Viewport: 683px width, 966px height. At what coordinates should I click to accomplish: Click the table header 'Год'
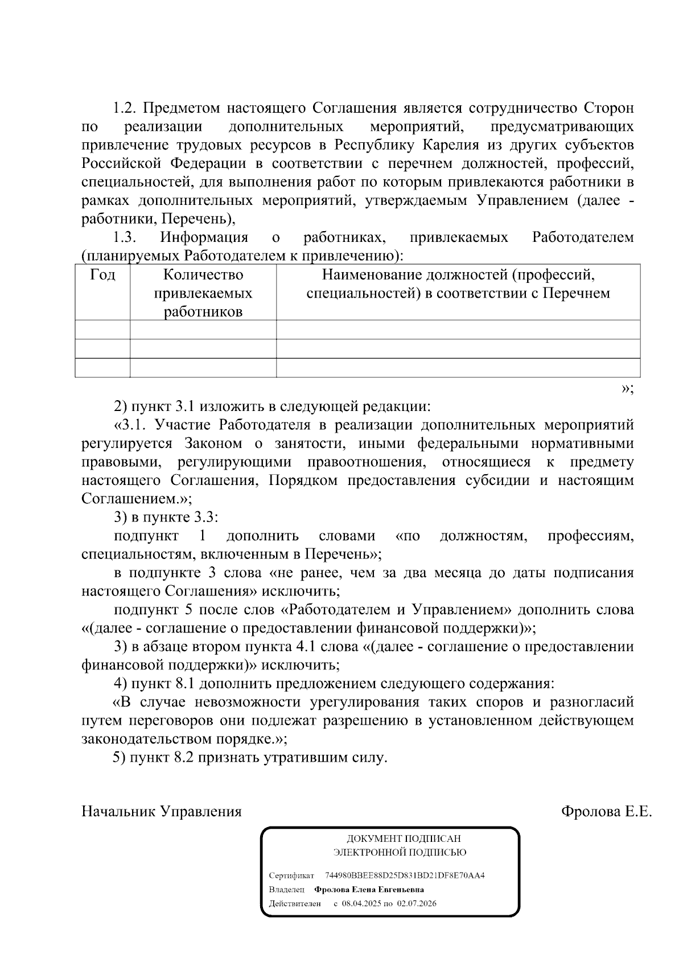(102, 276)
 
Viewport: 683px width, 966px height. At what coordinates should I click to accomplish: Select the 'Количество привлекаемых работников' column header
(203, 293)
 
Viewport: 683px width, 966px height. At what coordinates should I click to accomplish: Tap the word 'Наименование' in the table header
(376, 276)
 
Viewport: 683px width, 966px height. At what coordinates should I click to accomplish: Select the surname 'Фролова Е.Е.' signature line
(606, 811)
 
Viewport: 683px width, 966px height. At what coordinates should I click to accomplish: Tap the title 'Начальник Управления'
(162, 811)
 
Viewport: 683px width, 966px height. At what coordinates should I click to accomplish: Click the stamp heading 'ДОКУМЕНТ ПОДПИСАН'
(404, 838)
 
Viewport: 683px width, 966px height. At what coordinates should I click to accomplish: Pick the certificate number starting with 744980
(404, 875)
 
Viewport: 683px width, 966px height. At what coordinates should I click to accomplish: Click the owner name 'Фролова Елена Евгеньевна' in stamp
(373, 889)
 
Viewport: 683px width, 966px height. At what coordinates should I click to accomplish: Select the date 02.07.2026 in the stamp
(417, 903)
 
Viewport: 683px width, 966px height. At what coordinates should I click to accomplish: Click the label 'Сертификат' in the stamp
(291, 875)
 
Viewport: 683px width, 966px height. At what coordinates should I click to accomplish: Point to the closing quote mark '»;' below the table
(627, 389)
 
